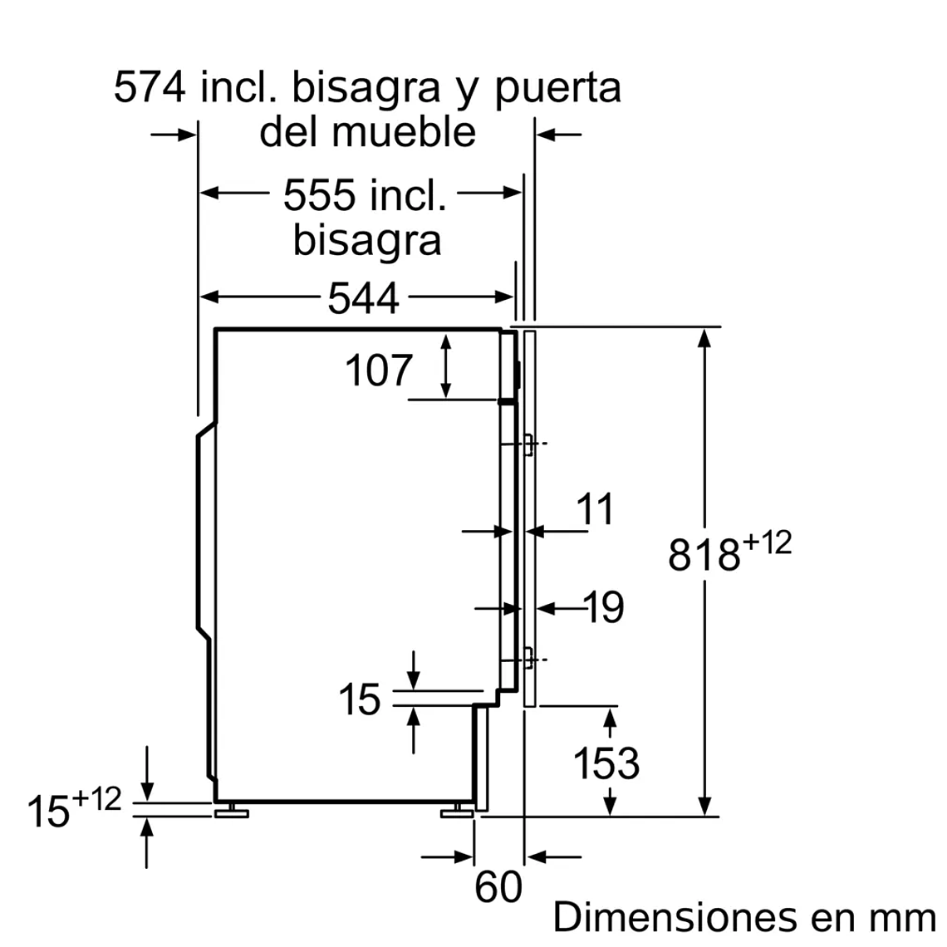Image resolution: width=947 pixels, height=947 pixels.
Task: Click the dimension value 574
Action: pyautogui.click(x=150, y=86)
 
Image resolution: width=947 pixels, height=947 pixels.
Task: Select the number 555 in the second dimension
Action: pyautogui.click(x=319, y=196)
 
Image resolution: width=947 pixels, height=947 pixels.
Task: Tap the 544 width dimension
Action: pyautogui.click(x=363, y=298)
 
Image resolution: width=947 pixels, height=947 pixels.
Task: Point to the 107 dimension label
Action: pyautogui.click(x=378, y=370)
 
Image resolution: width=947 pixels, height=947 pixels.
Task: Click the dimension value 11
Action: pyautogui.click(x=595, y=509)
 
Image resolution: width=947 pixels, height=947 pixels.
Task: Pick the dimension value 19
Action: pyautogui.click(x=604, y=608)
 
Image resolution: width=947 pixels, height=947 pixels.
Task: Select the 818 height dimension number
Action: pyautogui.click(x=704, y=554)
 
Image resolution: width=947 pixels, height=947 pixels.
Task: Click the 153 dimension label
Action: pyautogui.click(x=606, y=763)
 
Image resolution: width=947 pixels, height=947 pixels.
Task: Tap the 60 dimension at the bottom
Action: pyautogui.click(x=498, y=886)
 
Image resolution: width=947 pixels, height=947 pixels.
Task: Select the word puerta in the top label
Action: pyautogui.click(x=557, y=88)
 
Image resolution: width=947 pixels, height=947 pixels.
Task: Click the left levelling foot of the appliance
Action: pyautogui.click(x=231, y=811)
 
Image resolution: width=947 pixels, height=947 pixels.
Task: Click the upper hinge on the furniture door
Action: pyautogui.click(x=527, y=444)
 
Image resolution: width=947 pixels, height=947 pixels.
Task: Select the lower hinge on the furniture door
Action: pyautogui.click(x=527, y=659)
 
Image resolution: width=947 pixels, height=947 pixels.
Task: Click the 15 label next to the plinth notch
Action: pyautogui.click(x=359, y=699)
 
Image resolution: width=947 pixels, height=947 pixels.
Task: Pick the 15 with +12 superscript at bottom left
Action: pyautogui.click(x=50, y=811)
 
